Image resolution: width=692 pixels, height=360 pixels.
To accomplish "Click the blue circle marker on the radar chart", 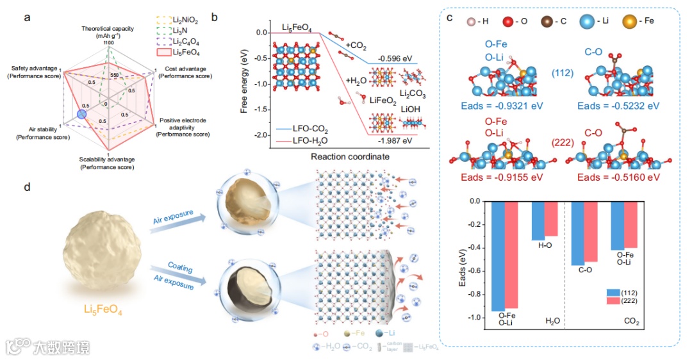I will point(81,114).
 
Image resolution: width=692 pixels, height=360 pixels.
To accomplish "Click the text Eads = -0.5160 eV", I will point(614,177).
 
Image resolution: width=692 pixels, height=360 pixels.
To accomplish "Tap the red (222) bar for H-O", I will point(550,218).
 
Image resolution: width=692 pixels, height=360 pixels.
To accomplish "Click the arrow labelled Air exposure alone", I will point(173,217).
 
